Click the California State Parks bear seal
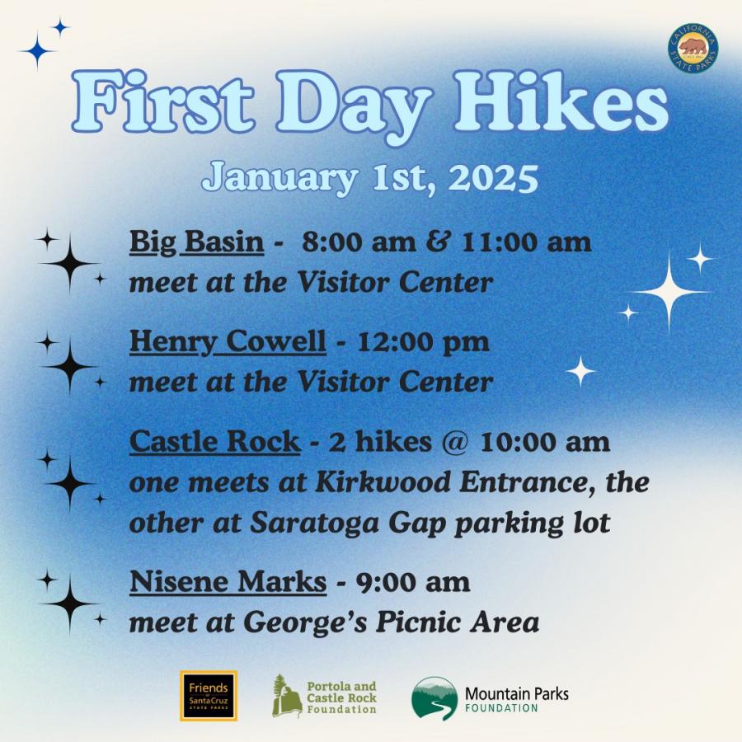693,49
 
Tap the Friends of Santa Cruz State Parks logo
209,695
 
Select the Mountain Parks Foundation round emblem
434,698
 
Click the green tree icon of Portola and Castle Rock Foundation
287,696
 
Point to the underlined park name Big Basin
196,242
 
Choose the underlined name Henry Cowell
228,341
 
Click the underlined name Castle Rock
215,441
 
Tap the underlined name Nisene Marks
228,581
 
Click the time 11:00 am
526,242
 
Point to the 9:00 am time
413,582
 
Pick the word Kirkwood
383,482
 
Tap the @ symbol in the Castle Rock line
455,443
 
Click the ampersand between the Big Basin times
439,242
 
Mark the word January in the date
279,178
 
